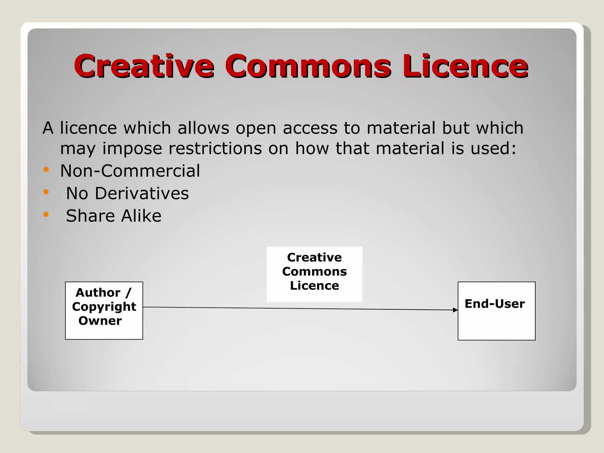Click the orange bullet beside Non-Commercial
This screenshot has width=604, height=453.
pyautogui.click(x=46, y=170)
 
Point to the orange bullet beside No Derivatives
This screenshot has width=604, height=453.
pyautogui.click(x=46, y=192)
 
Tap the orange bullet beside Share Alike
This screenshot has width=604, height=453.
pyautogui.click(x=46, y=214)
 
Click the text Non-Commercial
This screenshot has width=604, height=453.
pyautogui.click(x=130, y=171)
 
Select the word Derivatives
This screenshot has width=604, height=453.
pyautogui.click(x=142, y=193)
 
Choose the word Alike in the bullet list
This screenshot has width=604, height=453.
pyautogui.click(x=141, y=216)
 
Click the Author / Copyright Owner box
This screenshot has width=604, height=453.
pyautogui.click(x=104, y=311)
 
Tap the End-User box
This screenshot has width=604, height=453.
pyautogui.click(x=496, y=311)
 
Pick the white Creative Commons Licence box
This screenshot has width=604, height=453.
pyautogui.click(x=314, y=274)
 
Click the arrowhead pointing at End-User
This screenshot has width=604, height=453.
pyautogui.click(x=455, y=310)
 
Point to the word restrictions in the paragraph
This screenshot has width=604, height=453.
pyautogui.click(x=215, y=148)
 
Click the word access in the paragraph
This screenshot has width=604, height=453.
pyautogui.click(x=310, y=128)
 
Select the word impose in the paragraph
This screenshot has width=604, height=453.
pyautogui.click(x=132, y=149)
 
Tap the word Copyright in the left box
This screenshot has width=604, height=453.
pyautogui.click(x=104, y=307)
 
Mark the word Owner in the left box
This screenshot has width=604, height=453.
pyautogui.click(x=100, y=321)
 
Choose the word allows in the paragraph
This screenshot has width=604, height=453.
pyautogui.click(x=203, y=128)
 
